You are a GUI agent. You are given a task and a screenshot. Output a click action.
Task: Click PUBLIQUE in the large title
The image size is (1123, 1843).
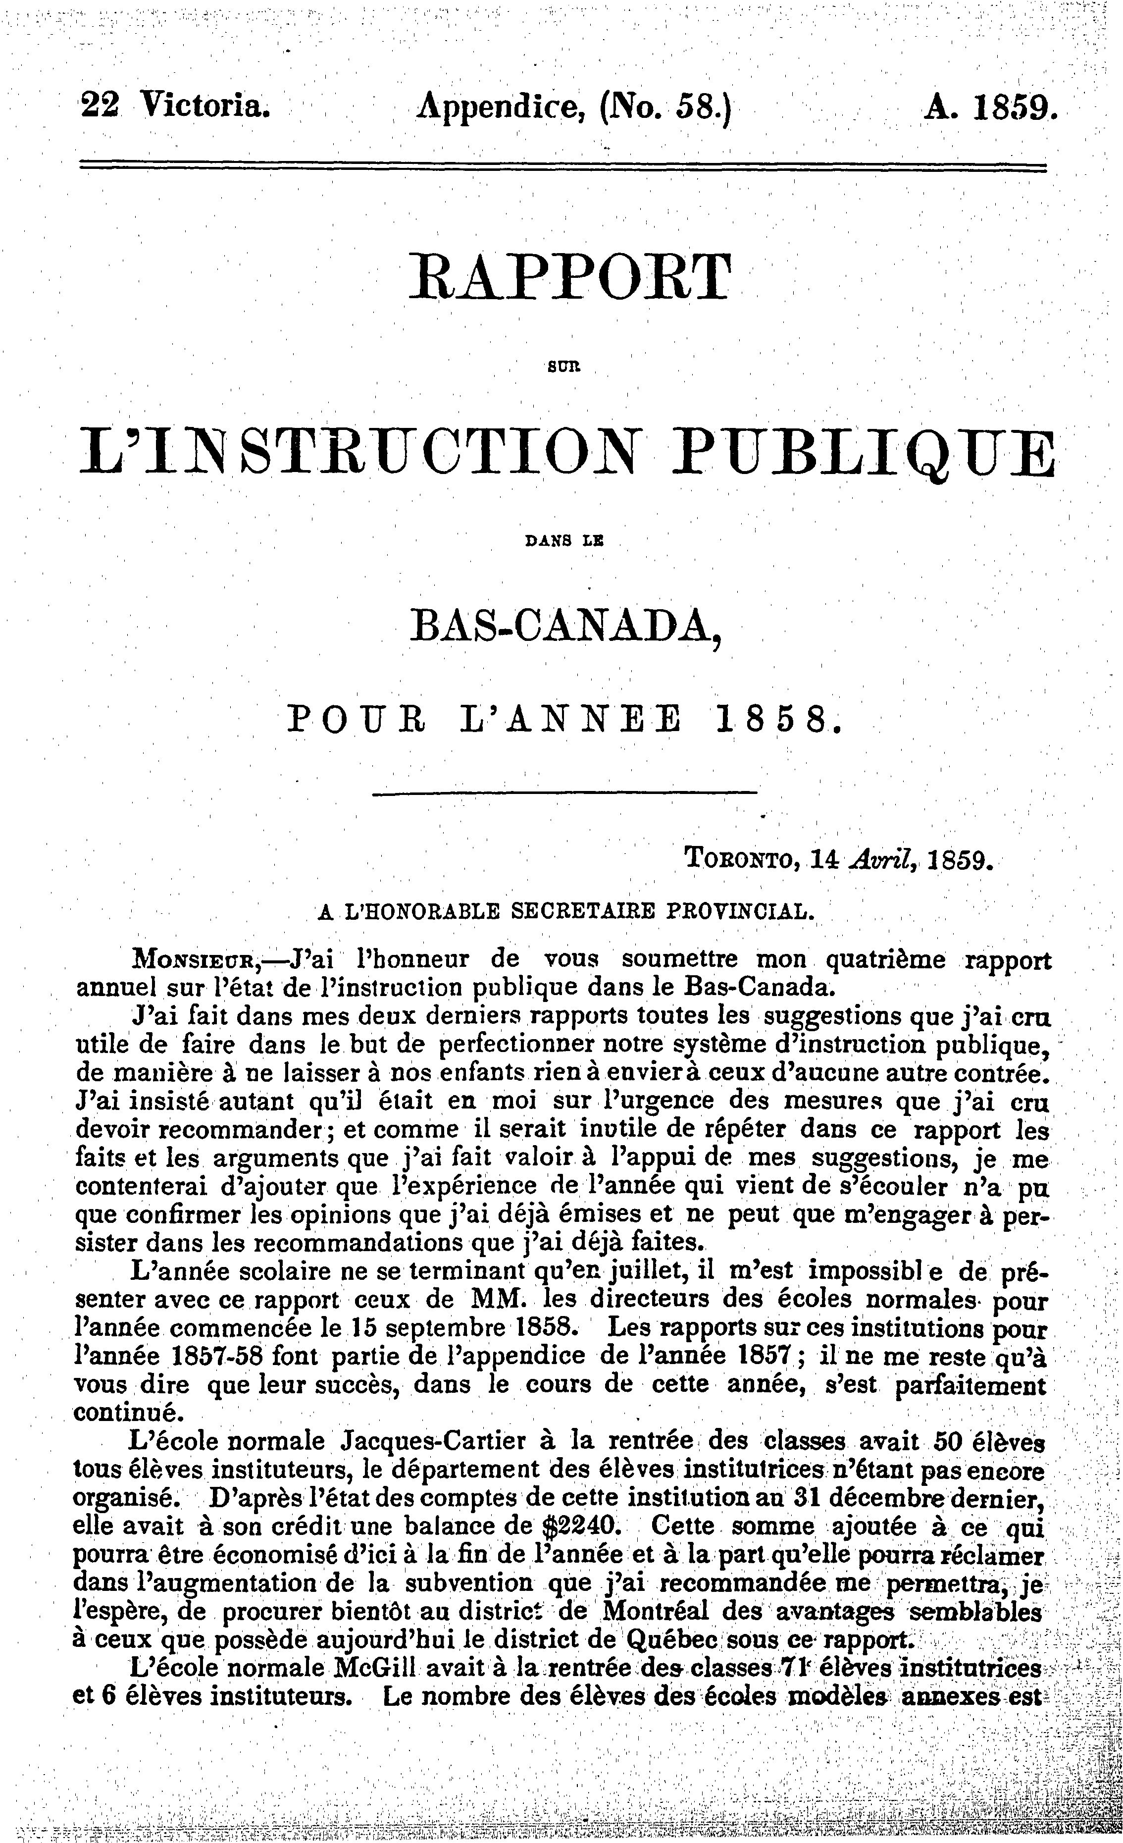click(863, 453)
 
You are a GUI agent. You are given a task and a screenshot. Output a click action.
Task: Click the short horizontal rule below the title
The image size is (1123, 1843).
click(564, 791)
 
